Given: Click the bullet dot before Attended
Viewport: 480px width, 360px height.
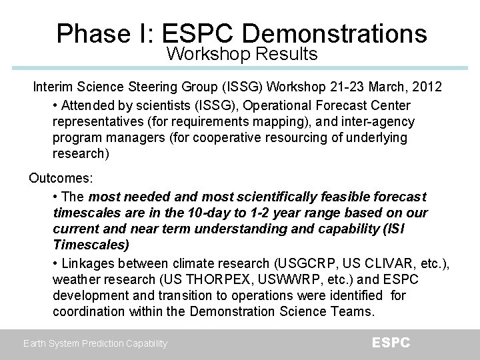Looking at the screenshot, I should (55, 105).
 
